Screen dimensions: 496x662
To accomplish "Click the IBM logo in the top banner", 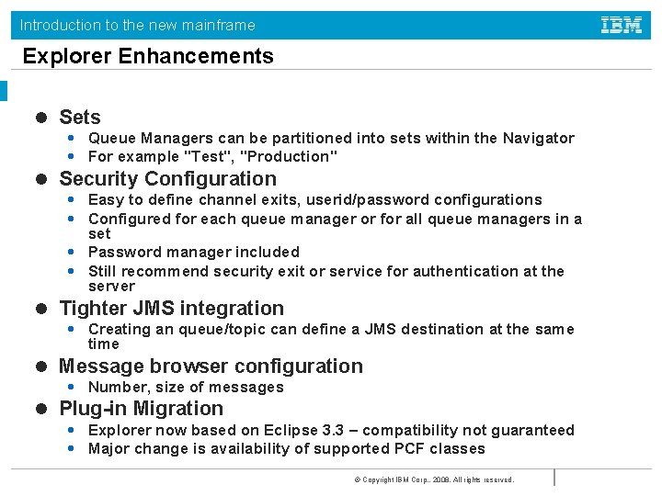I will [622, 25].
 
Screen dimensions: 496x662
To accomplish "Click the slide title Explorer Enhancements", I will [148, 56].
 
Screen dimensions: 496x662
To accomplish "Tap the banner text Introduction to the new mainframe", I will [137, 25].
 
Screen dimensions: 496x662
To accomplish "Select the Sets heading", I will [79, 118].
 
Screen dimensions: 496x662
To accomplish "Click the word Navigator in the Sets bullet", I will [538, 139].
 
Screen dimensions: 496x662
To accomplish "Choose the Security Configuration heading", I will [167, 179].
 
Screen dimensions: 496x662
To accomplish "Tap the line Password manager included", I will [193, 252].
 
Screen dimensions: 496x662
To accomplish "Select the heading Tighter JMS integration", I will [171, 309].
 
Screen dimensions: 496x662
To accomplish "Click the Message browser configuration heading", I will [211, 366].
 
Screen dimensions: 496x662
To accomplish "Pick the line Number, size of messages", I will [185, 388].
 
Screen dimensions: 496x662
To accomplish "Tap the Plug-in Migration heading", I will [141, 409].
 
